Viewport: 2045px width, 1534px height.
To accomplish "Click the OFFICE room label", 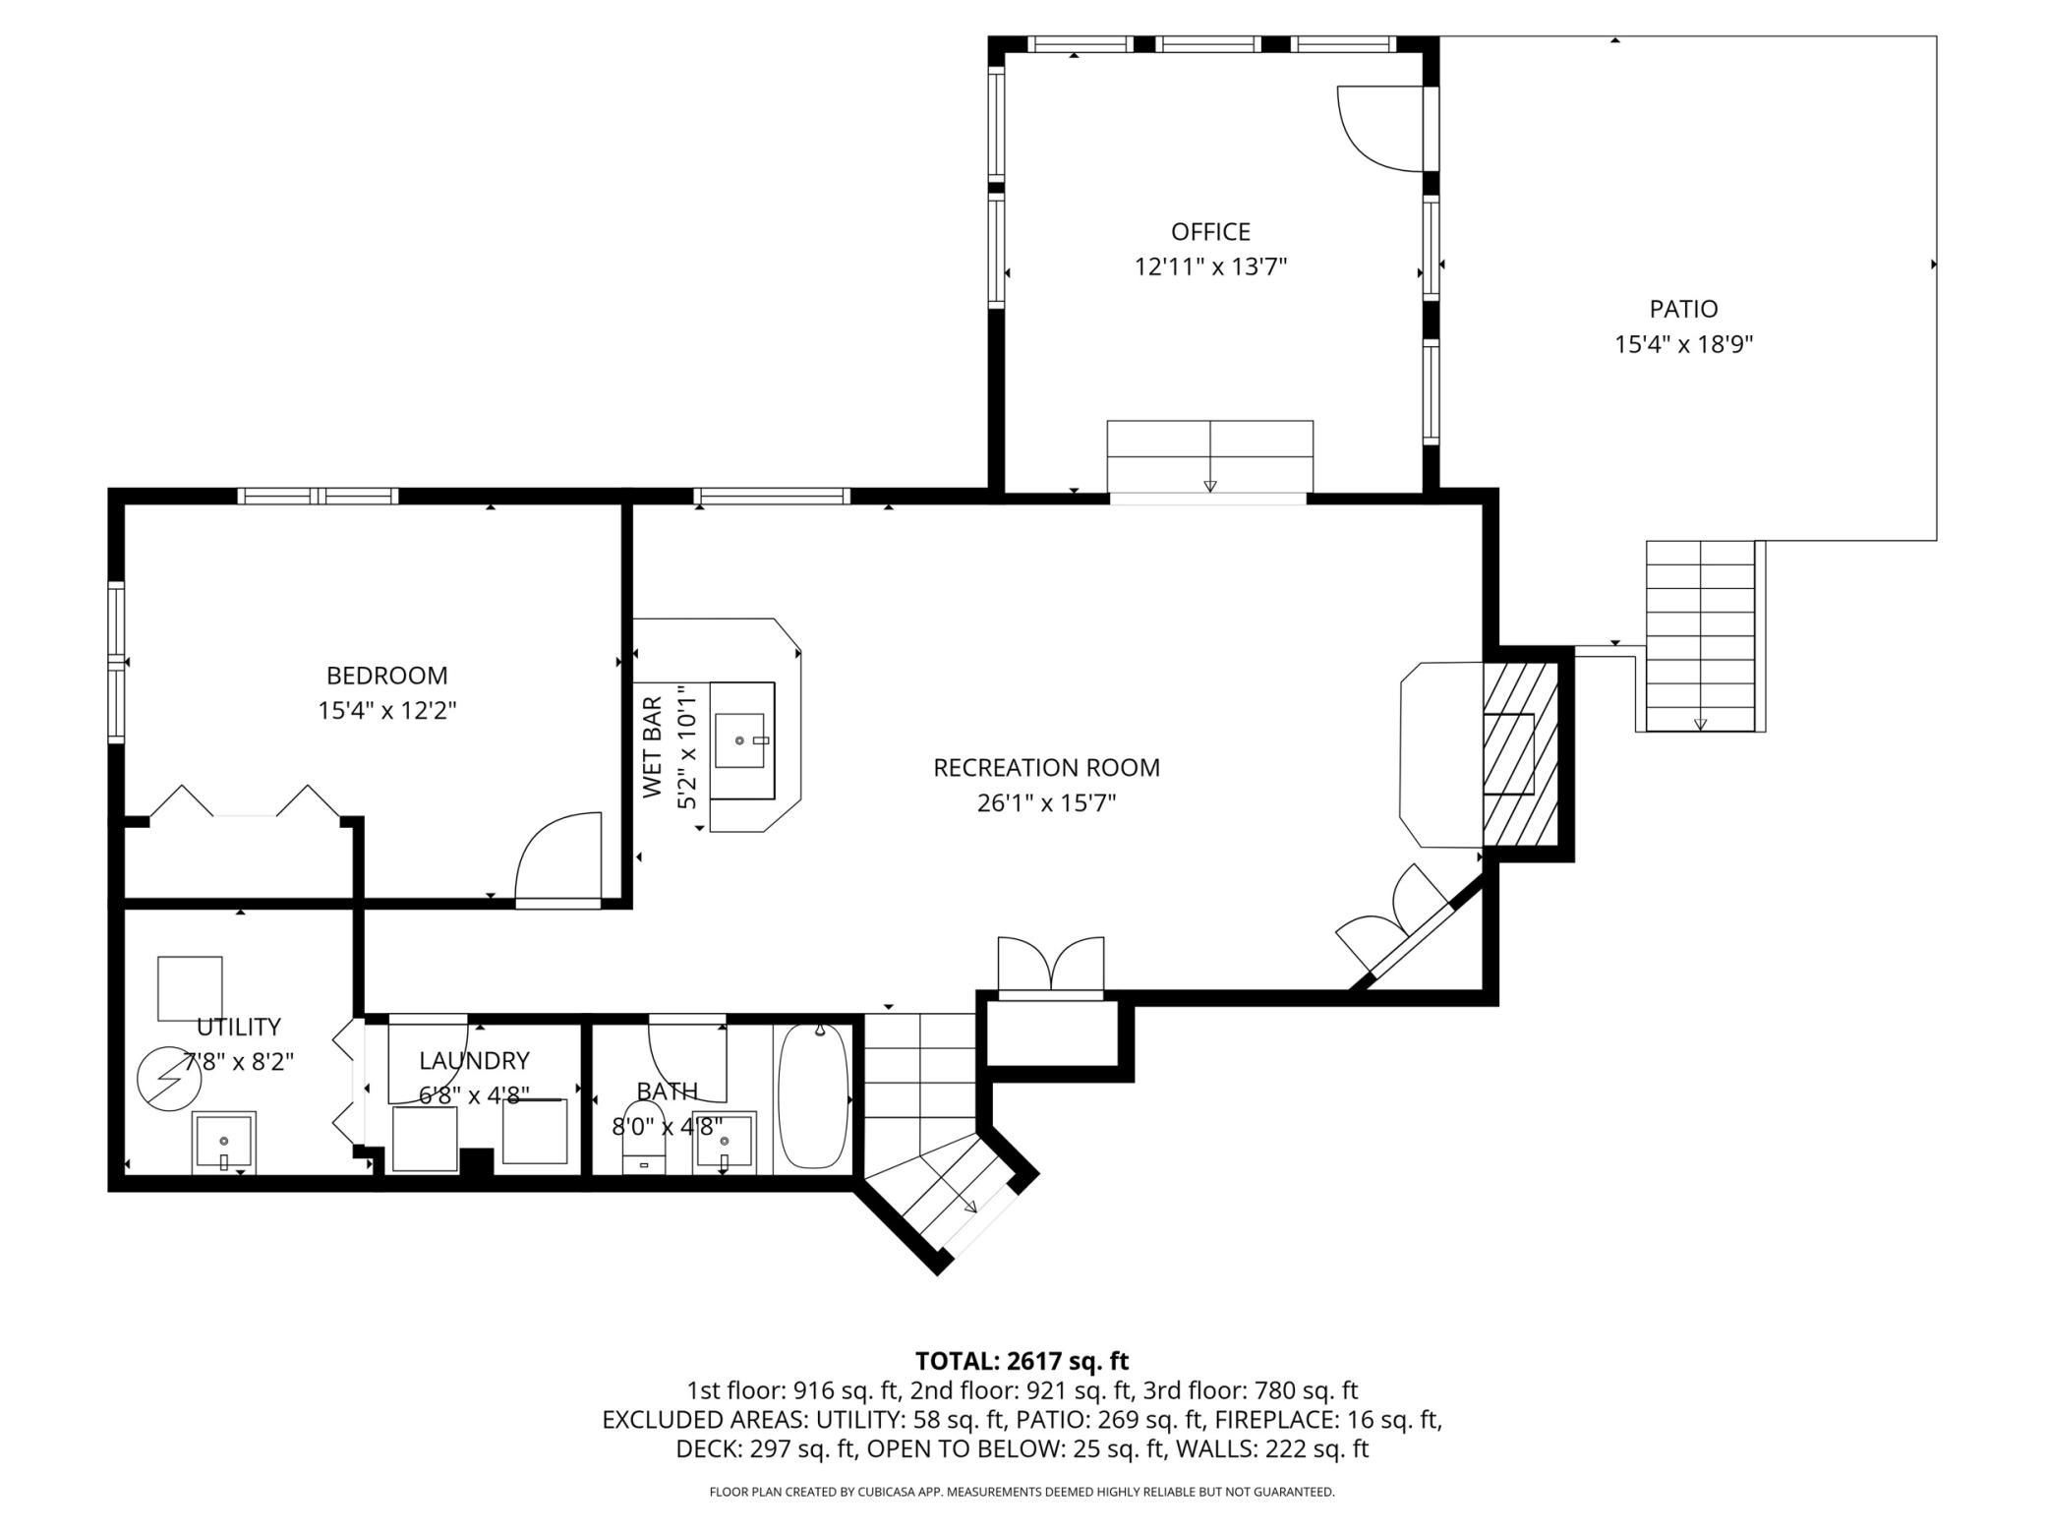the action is tap(1210, 232).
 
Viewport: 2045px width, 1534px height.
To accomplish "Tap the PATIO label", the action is tap(1683, 309).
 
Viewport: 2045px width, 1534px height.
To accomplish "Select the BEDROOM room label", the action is tap(386, 676).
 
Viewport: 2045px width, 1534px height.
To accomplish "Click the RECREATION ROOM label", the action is tap(1046, 767).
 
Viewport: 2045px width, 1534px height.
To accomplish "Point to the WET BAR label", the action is tap(653, 747).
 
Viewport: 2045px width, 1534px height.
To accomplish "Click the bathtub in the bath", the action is tap(813, 1095).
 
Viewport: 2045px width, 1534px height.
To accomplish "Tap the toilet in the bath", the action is tap(644, 1137).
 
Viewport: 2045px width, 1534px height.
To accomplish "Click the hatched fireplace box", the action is tap(1521, 753).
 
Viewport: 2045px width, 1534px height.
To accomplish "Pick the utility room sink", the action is tap(224, 1143).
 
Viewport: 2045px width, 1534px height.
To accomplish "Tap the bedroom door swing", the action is tap(557, 855).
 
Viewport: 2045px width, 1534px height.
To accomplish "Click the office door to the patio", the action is tap(1381, 129).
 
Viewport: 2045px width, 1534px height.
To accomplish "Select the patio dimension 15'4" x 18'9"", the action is tap(1684, 344).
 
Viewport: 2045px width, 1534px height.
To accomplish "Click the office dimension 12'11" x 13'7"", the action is tap(1210, 266).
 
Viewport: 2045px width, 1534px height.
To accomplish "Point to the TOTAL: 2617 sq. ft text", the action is tap(1022, 1361).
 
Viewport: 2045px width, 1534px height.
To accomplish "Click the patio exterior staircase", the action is tap(1700, 635).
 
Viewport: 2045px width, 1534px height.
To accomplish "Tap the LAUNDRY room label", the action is tap(474, 1060).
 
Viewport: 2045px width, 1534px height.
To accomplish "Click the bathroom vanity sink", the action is tap(725, 1143).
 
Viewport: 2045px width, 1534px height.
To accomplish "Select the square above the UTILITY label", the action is tap(190, 988).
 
